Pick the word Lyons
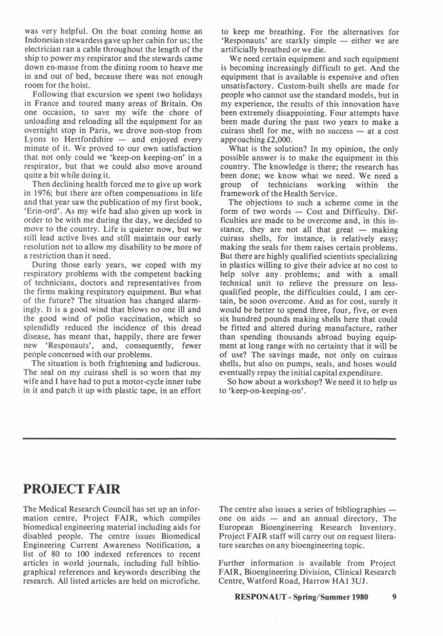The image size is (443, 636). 36,137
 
